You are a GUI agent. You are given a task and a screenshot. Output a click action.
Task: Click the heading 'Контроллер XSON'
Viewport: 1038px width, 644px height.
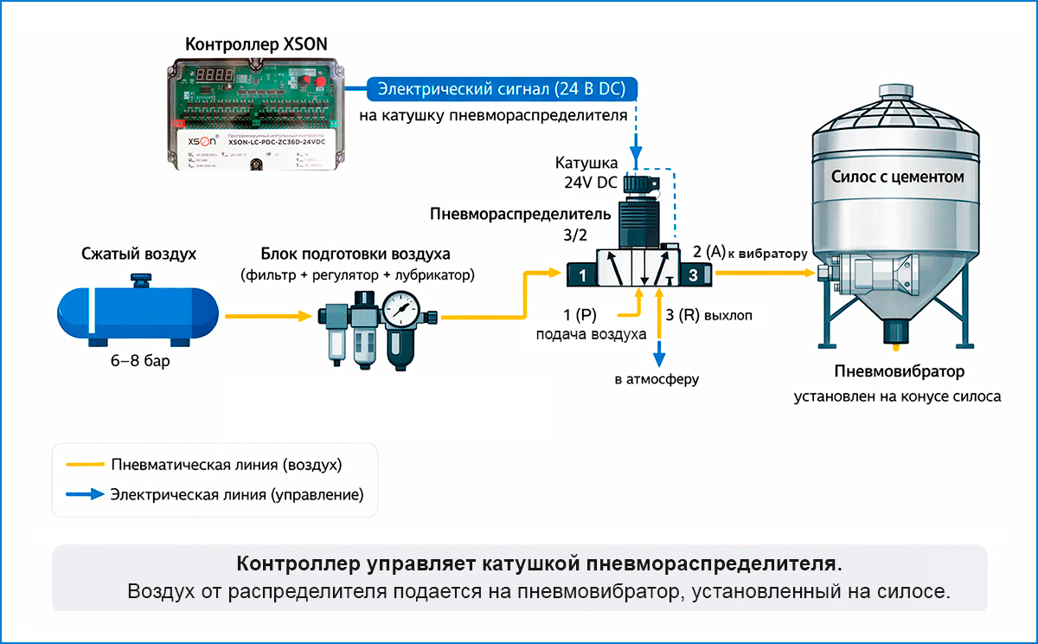(257, 44)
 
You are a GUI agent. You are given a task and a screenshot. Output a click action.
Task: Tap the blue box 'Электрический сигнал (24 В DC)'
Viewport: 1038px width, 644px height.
(503, 88)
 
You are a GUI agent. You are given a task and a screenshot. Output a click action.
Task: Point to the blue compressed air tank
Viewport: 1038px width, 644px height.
(139, 311)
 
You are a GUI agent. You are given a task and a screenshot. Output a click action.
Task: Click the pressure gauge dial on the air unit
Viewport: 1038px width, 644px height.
(400, 307)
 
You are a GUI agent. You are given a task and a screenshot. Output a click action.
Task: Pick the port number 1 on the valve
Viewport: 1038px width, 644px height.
(583, 276)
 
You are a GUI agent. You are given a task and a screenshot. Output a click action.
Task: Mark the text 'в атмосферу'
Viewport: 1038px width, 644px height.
(657, 378)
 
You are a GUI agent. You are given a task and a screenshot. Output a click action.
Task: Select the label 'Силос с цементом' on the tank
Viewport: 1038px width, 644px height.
(897, 177)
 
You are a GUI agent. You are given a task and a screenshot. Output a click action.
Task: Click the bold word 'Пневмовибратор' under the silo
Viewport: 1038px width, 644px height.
(899, 371)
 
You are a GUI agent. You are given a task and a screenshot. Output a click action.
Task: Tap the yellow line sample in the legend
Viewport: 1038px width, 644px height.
(84, 464)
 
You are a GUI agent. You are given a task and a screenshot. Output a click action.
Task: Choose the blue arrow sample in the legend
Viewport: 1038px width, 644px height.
(84, 495)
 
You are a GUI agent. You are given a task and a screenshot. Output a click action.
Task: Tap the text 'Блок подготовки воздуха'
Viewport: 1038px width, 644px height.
(356, 254)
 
